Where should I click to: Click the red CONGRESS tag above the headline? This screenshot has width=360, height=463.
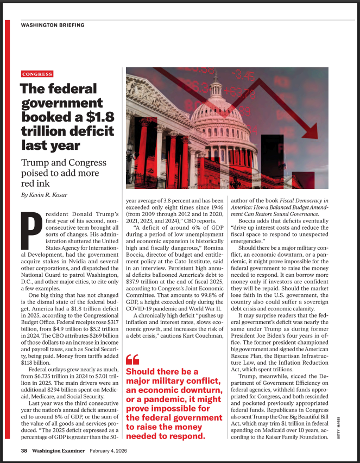[x=37, y=74]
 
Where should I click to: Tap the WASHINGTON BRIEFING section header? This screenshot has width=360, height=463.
[x=52, y=25]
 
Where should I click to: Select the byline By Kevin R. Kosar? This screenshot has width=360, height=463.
[x=47, y=194]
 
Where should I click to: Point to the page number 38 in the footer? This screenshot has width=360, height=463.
[x=24, y=451]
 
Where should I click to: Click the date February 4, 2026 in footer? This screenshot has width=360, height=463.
[x=116, y=451]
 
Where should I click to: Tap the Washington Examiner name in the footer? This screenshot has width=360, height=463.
[x=58, y=451]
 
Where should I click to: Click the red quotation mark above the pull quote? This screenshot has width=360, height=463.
[x=132, y=359]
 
